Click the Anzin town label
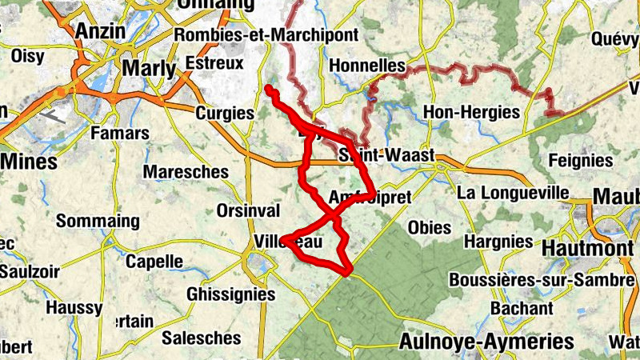click(x=102, y=31)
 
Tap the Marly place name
click(x=148, y=69)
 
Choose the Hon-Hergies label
click(x=470, y=112)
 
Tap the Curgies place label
click(x=224, y=112)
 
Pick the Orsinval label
click(x=248, y=210)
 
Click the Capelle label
click(x=154, y=262)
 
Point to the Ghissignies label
click(x=230, y=294)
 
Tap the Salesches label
click(x=201, y=338)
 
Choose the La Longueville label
click(x=513, y=193)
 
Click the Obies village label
click(x=430, y=227)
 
